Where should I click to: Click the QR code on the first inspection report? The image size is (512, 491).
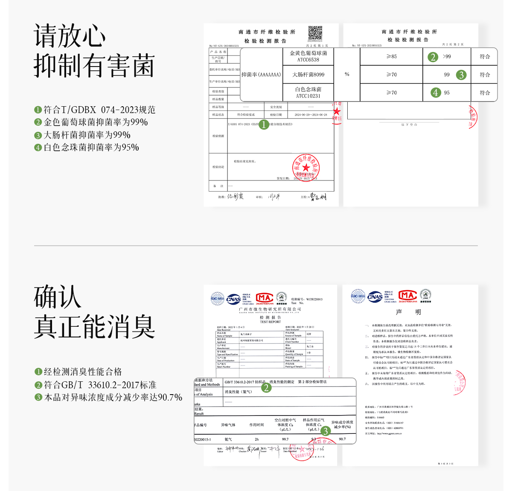click(315, 33)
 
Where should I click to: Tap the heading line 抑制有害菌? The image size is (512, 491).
click(94, 66)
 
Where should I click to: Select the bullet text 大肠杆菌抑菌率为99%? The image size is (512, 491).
click(87, 135)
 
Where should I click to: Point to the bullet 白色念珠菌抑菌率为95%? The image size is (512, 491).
click(91, 148)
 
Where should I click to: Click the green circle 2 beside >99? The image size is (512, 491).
click(433, 57)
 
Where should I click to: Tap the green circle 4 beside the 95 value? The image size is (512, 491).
click(435, 93)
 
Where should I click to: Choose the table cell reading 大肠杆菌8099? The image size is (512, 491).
click(308, 75)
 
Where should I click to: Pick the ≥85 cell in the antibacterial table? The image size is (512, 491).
click(391, 56)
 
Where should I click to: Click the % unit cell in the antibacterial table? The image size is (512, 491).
click(347, 74)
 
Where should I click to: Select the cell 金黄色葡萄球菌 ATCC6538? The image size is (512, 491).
click(308, 56)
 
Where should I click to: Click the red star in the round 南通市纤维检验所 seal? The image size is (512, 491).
click(305, 168)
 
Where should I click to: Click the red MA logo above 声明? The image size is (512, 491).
click(407, 295)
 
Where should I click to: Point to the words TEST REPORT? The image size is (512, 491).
click(271, 322)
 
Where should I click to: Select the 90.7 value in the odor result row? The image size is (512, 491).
click(342, 439)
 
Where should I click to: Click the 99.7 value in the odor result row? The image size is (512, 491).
click(285, 439)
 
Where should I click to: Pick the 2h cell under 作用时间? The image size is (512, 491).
click(256, 439)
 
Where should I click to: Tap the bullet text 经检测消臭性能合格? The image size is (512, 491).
click(83, 372)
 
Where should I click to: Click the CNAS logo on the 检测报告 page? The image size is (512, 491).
click(233, 299)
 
